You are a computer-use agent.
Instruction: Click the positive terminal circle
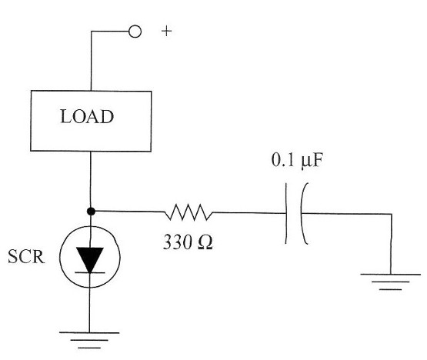(135, 32)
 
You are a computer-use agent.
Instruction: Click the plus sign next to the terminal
(166, 32)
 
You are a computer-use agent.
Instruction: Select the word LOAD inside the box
(87, 117)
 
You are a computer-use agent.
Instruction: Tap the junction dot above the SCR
(91, 212)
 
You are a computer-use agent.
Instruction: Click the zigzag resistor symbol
(188, 212)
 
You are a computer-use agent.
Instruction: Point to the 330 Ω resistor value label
(188, 242)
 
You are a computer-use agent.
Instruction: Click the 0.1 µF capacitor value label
(297, 160)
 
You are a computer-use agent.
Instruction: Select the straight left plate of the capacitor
(286, 213)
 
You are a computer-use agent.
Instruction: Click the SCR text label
(26, 256)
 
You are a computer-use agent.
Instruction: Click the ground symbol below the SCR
(89, 340)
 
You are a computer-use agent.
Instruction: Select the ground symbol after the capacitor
(390, 282)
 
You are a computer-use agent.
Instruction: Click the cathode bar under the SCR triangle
(90, 272)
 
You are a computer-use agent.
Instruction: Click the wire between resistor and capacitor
(249, 212)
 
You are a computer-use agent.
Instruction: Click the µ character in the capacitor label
(306, 162)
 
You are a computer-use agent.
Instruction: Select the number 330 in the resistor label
(177, 242)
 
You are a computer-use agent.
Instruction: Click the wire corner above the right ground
(392, 214)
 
